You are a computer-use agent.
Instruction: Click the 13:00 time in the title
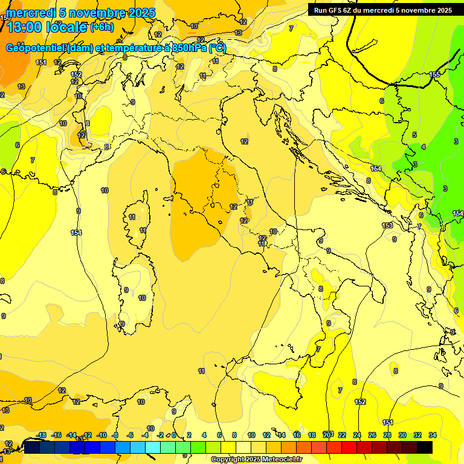point(24,27)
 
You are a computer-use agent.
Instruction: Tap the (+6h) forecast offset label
point(101,27)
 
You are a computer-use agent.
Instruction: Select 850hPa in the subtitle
point(190,48)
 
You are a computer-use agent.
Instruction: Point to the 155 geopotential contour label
point(435,74)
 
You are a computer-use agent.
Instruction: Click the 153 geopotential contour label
point(387,225)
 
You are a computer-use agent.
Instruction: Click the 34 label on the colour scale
point(433,435)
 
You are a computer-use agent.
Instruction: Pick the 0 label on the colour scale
point(174,435)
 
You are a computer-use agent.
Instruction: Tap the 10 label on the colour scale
point(250,435)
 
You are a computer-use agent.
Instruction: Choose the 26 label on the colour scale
point(372,435)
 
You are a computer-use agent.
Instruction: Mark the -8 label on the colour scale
point(115,435)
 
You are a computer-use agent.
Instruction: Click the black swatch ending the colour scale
point(425,447)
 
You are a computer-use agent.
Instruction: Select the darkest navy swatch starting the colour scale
point(32,447)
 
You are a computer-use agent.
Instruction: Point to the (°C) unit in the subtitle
point(217,48)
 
